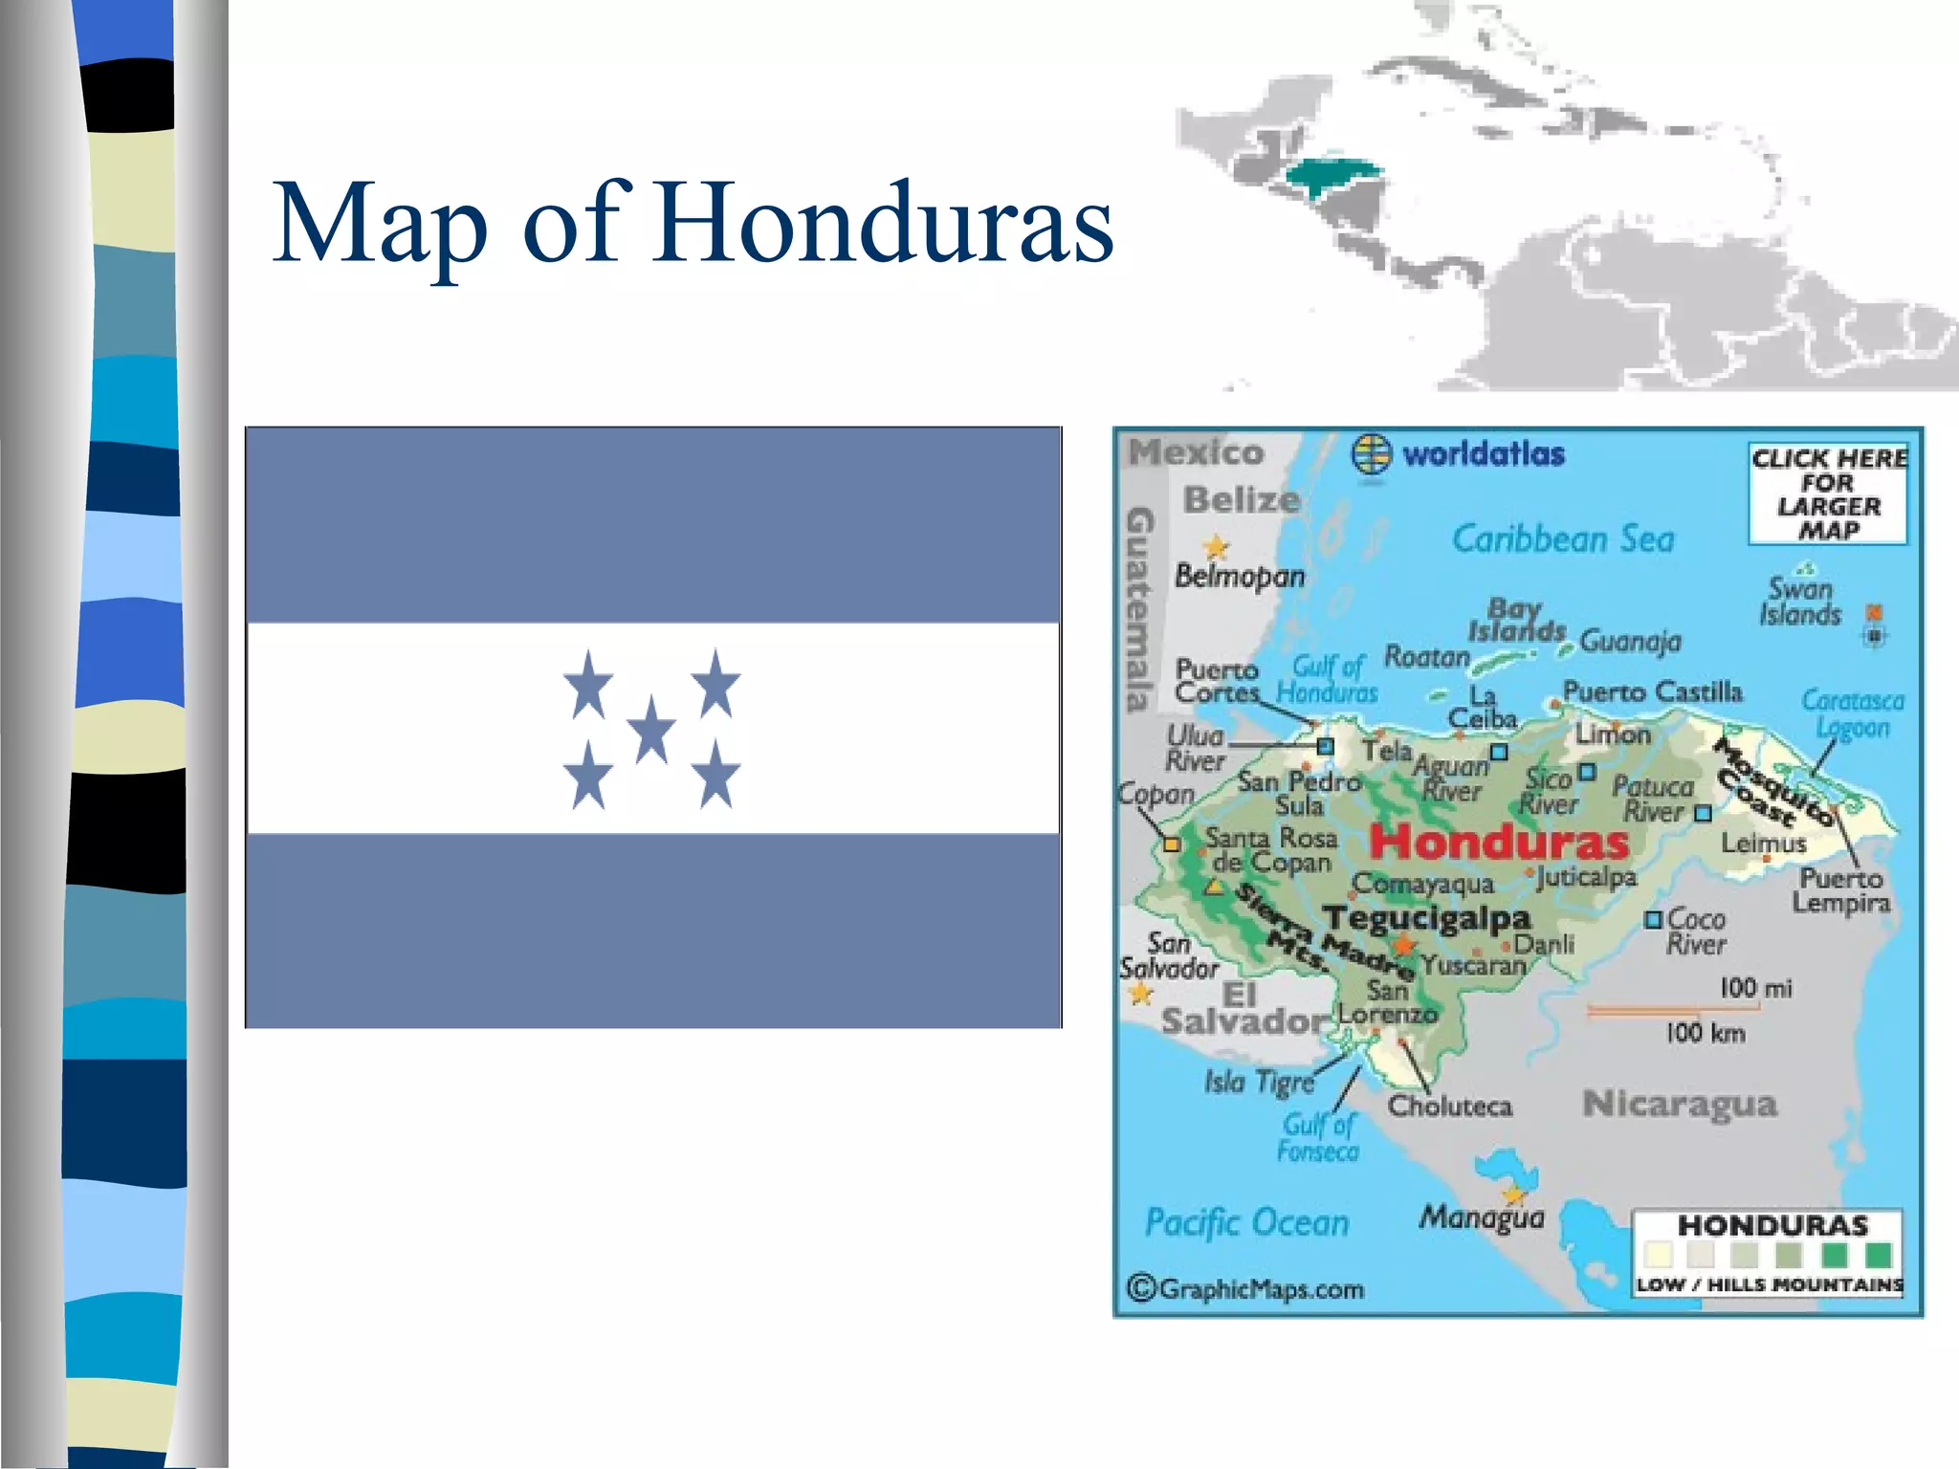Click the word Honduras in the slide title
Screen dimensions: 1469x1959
click(884, 224)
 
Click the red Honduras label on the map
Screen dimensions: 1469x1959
click(1499, 842)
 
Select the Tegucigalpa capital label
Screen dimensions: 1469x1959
click(1427, 918)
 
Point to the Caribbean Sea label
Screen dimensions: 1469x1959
click(1563, 539)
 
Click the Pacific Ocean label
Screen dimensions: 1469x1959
click(1247, 1222)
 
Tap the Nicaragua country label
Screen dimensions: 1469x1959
click(1680, 1104)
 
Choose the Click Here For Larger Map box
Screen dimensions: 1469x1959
click(1828, 493)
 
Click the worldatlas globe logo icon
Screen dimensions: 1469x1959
click(1371, 453)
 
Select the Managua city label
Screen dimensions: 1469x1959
click(1482, 1217)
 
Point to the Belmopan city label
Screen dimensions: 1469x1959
click(1240, 576)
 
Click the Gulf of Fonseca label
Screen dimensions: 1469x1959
click(1318, 1138)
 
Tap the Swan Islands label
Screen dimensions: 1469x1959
click(1799, 601)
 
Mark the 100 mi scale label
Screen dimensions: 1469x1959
click(1755, 987)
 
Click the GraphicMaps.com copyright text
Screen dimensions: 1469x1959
click(1246, 1289)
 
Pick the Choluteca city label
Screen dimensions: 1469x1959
click(1450, 1107)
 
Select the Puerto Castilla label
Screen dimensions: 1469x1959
click(1652, 691)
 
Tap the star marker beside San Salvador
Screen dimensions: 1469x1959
click(1140, 995)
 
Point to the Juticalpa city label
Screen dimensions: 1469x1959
click(1586, 876)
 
